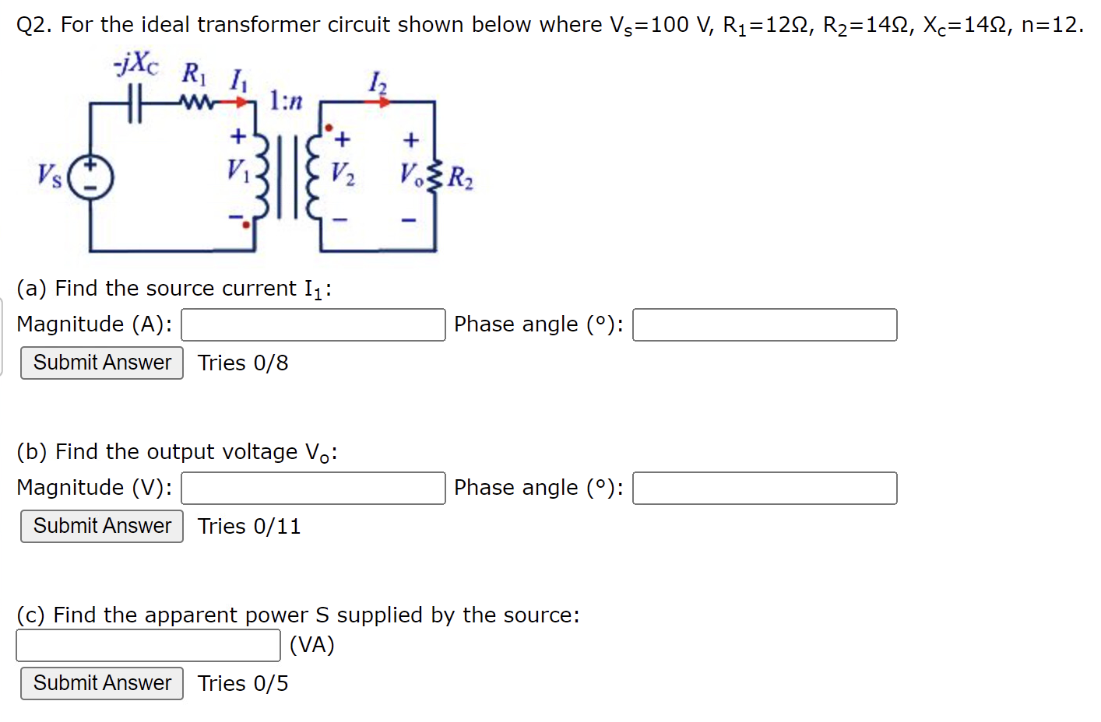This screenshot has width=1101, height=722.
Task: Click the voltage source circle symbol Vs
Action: point(90,177)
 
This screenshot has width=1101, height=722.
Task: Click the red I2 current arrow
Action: point(379,101)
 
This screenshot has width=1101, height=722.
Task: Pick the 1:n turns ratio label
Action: point(285,100)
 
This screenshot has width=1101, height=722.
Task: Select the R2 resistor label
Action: point(460,178)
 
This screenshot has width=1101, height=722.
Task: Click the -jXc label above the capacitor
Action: point(136,65)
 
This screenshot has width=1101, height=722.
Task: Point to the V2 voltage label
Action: point(343,173)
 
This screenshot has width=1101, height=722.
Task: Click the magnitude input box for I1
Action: point(313,325)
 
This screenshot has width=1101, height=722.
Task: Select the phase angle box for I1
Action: point(764,325)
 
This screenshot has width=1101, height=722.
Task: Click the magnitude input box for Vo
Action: point(313,489)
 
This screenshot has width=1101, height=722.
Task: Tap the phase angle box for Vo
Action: point(764,489)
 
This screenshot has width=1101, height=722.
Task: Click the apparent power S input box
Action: point(148,645)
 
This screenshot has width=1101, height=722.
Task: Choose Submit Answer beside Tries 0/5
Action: point(102,683)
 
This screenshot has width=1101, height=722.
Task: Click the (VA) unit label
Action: point(311,645)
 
